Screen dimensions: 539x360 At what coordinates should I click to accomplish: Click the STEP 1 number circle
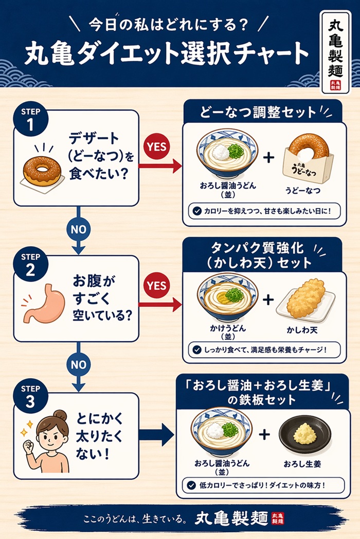pos(34,119)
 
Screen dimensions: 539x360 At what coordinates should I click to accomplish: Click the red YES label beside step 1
pos(157,146)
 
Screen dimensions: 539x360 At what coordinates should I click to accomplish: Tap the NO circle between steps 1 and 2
pos(78,229)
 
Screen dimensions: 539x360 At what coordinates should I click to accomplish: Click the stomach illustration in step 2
pos(41,304)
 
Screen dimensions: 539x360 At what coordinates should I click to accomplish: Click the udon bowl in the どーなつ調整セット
pos(227,153)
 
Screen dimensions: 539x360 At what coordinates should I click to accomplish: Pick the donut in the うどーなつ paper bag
pos(309,147)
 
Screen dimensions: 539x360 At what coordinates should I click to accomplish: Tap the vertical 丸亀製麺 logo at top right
pos(334,52)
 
